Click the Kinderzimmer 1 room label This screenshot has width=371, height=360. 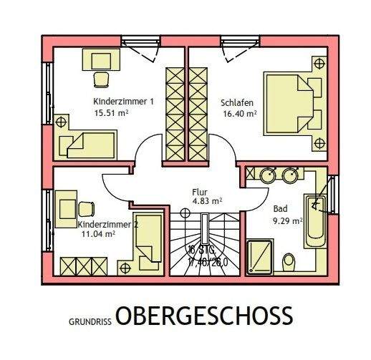tap(123, 102)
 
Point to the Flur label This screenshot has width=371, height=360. tap(200, 192)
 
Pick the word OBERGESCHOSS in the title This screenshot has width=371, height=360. tap(204, 316)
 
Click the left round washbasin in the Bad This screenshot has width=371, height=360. tap(267, 175)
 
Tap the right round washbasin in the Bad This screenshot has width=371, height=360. tap(291, 175)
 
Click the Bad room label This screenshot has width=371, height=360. tap(280, 209)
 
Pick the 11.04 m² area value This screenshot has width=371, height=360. tap(97, 234)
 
